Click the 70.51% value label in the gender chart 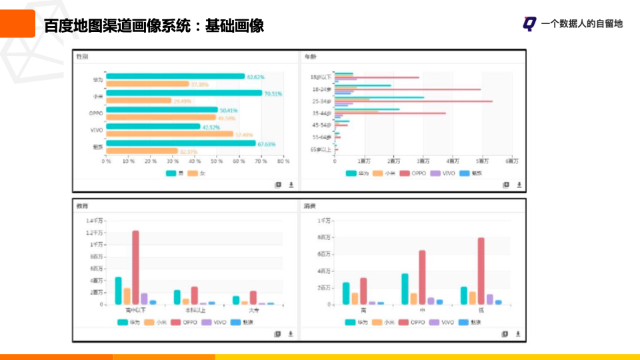tap(273, 94)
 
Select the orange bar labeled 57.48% tap(169, 134)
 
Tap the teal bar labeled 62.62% tap(175, 77)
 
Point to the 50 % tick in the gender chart tap(216, 161)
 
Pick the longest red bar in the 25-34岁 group tap(413, 101)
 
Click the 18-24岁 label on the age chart tap(321, 89)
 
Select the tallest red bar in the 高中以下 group tap(135, 267)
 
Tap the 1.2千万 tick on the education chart tap(95, 233)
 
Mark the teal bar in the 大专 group tap(236, 300)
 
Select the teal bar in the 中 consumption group tap(405, 289)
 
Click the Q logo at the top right tap(529, 24)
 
